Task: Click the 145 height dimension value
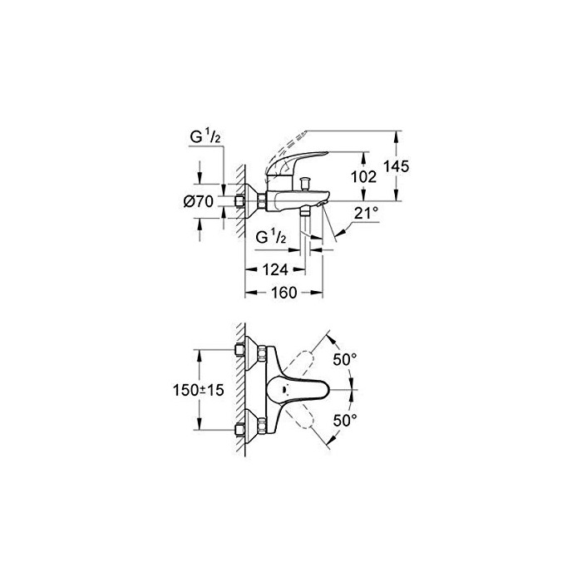[x=397, y=166]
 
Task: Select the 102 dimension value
[x=364, y=176]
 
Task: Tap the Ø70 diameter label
[x=199, y=201]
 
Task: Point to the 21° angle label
[x=366, y=214]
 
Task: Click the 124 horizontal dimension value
[x=275, y=269]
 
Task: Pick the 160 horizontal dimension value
[x=284, y=293]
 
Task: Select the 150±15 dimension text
[x=199, y=390]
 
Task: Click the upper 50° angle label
[x=345, y=359]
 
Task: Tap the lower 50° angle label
[x=345, y=421]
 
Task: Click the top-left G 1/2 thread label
[x=205, y=137]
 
